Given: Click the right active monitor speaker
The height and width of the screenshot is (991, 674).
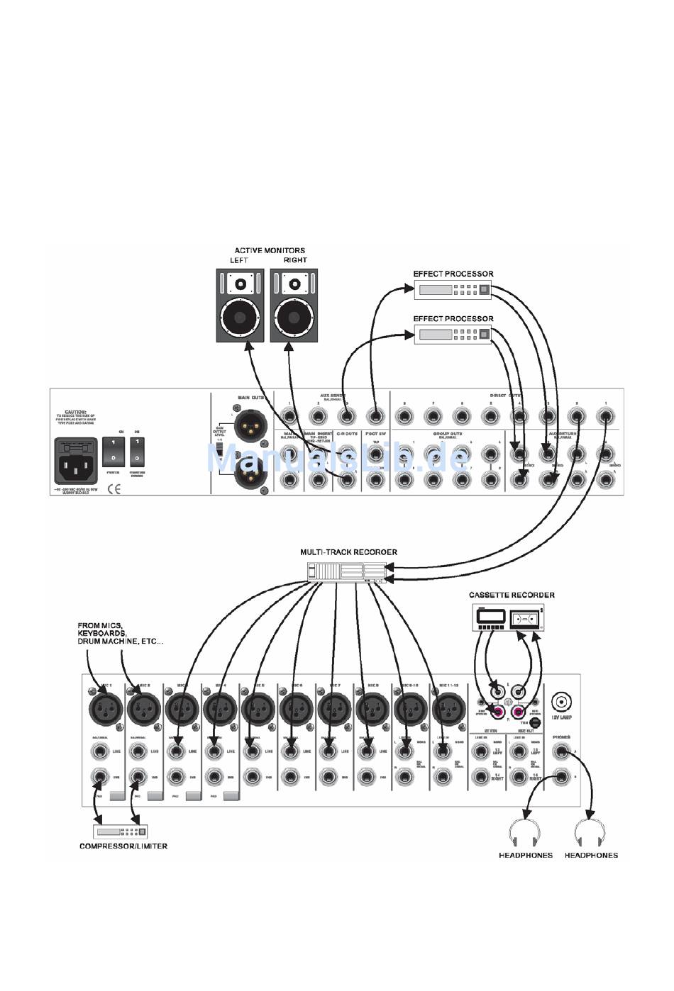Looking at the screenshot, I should pos(293,306).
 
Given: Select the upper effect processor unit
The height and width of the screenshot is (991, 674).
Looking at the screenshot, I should pos(453,289).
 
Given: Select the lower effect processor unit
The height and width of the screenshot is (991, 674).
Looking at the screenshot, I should pos(453,335).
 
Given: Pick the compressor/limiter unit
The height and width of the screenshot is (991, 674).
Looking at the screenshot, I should pos(121,831).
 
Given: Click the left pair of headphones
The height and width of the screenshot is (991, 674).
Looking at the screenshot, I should pos(526,832).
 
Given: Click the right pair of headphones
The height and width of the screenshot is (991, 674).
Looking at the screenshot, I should pos(591,832).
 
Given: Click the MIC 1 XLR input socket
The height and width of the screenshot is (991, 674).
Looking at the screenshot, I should pos(106,707).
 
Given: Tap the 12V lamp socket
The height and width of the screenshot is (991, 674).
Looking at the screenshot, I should pos(562,702).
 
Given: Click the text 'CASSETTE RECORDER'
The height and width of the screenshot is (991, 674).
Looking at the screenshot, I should pos(512,595).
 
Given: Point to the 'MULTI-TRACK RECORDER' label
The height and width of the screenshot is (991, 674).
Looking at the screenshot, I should pos(348,552).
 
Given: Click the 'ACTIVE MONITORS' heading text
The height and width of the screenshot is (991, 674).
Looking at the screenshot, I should pos(270,250).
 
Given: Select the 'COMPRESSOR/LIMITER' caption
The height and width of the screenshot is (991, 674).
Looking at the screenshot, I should pos(123,846).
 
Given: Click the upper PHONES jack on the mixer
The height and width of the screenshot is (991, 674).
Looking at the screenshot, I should pos(562,752).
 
